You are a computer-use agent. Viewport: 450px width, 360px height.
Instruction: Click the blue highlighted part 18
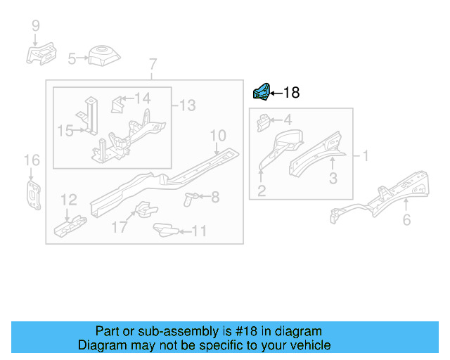[x=261, y=91]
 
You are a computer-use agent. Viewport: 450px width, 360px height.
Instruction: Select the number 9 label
[x=35, y=27]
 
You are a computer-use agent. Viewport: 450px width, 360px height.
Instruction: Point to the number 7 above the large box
[x=153, y=66]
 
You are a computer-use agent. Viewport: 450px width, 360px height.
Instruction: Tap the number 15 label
[x=65, y=130]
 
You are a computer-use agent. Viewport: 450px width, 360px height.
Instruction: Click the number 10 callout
[x=217, y=135]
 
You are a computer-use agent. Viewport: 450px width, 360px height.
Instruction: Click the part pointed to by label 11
[x=165, y=229]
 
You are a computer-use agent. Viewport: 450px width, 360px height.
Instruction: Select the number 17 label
[x=120, y=227]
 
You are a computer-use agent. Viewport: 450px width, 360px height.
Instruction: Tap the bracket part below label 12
[x=70, y=226]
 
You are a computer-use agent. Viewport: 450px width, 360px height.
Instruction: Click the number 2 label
[x=261, y=190]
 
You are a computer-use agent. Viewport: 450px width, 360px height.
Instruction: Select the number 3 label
[x=333, y=179]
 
